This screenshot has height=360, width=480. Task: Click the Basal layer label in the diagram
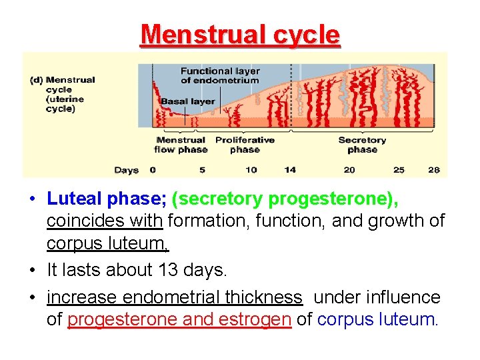187,101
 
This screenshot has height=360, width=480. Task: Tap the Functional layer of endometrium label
219,75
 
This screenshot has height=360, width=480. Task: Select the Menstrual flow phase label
181,145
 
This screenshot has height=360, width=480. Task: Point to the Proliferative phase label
245,145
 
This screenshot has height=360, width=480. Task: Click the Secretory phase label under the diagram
362,145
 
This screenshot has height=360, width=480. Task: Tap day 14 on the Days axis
290,170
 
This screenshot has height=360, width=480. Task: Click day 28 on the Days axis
434,170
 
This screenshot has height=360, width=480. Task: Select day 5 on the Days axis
202,170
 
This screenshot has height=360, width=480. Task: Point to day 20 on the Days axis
349,170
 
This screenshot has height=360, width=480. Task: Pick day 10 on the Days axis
251,170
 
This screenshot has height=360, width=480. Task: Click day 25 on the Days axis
399,170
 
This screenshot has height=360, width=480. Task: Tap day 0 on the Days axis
153,170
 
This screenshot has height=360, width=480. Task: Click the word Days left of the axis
126,170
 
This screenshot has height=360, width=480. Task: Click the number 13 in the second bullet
170,271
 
